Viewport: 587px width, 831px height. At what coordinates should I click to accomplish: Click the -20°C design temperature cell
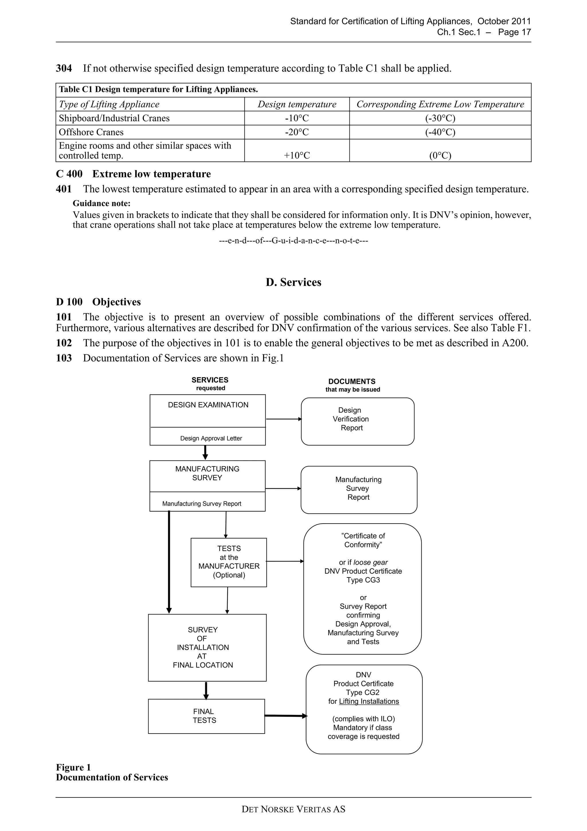pos(297,132)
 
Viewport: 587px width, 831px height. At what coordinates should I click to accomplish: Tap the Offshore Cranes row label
pos(91,132)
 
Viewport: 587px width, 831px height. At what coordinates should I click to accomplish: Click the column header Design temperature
pos(297,104)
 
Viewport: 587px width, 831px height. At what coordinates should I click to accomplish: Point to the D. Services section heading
pos(293,282)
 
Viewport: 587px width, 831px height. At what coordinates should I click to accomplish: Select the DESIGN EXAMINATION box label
pos(208,405)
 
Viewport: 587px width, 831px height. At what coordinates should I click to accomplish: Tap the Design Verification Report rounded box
pos(357,421)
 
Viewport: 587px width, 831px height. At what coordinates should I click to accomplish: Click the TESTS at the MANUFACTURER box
pos(228,562)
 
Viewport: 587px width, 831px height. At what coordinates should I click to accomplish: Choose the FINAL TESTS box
pos(206,716)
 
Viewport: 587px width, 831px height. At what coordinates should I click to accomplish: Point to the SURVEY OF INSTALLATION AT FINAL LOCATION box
pos(207,647)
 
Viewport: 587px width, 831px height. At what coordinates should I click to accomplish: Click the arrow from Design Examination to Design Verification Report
pos(283,419)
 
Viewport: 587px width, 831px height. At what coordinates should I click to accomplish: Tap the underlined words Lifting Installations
pos(369,701)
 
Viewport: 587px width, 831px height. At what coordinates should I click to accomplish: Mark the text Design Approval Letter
pos(211,438)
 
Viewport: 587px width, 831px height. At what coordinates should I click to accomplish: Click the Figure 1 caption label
pos(73,767)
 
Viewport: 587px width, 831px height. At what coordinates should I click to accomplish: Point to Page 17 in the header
pos(514,32)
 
